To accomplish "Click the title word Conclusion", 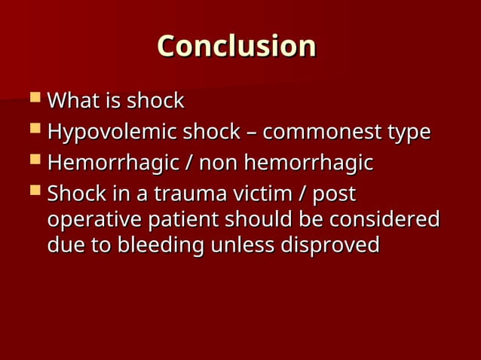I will (x=236, y=46).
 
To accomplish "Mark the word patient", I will (x=185, y=221).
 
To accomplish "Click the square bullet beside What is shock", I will (x=34, y=99).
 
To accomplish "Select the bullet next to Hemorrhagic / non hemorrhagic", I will (x=34, y=161).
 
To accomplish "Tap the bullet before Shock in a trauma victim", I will (x=34, y=192).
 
